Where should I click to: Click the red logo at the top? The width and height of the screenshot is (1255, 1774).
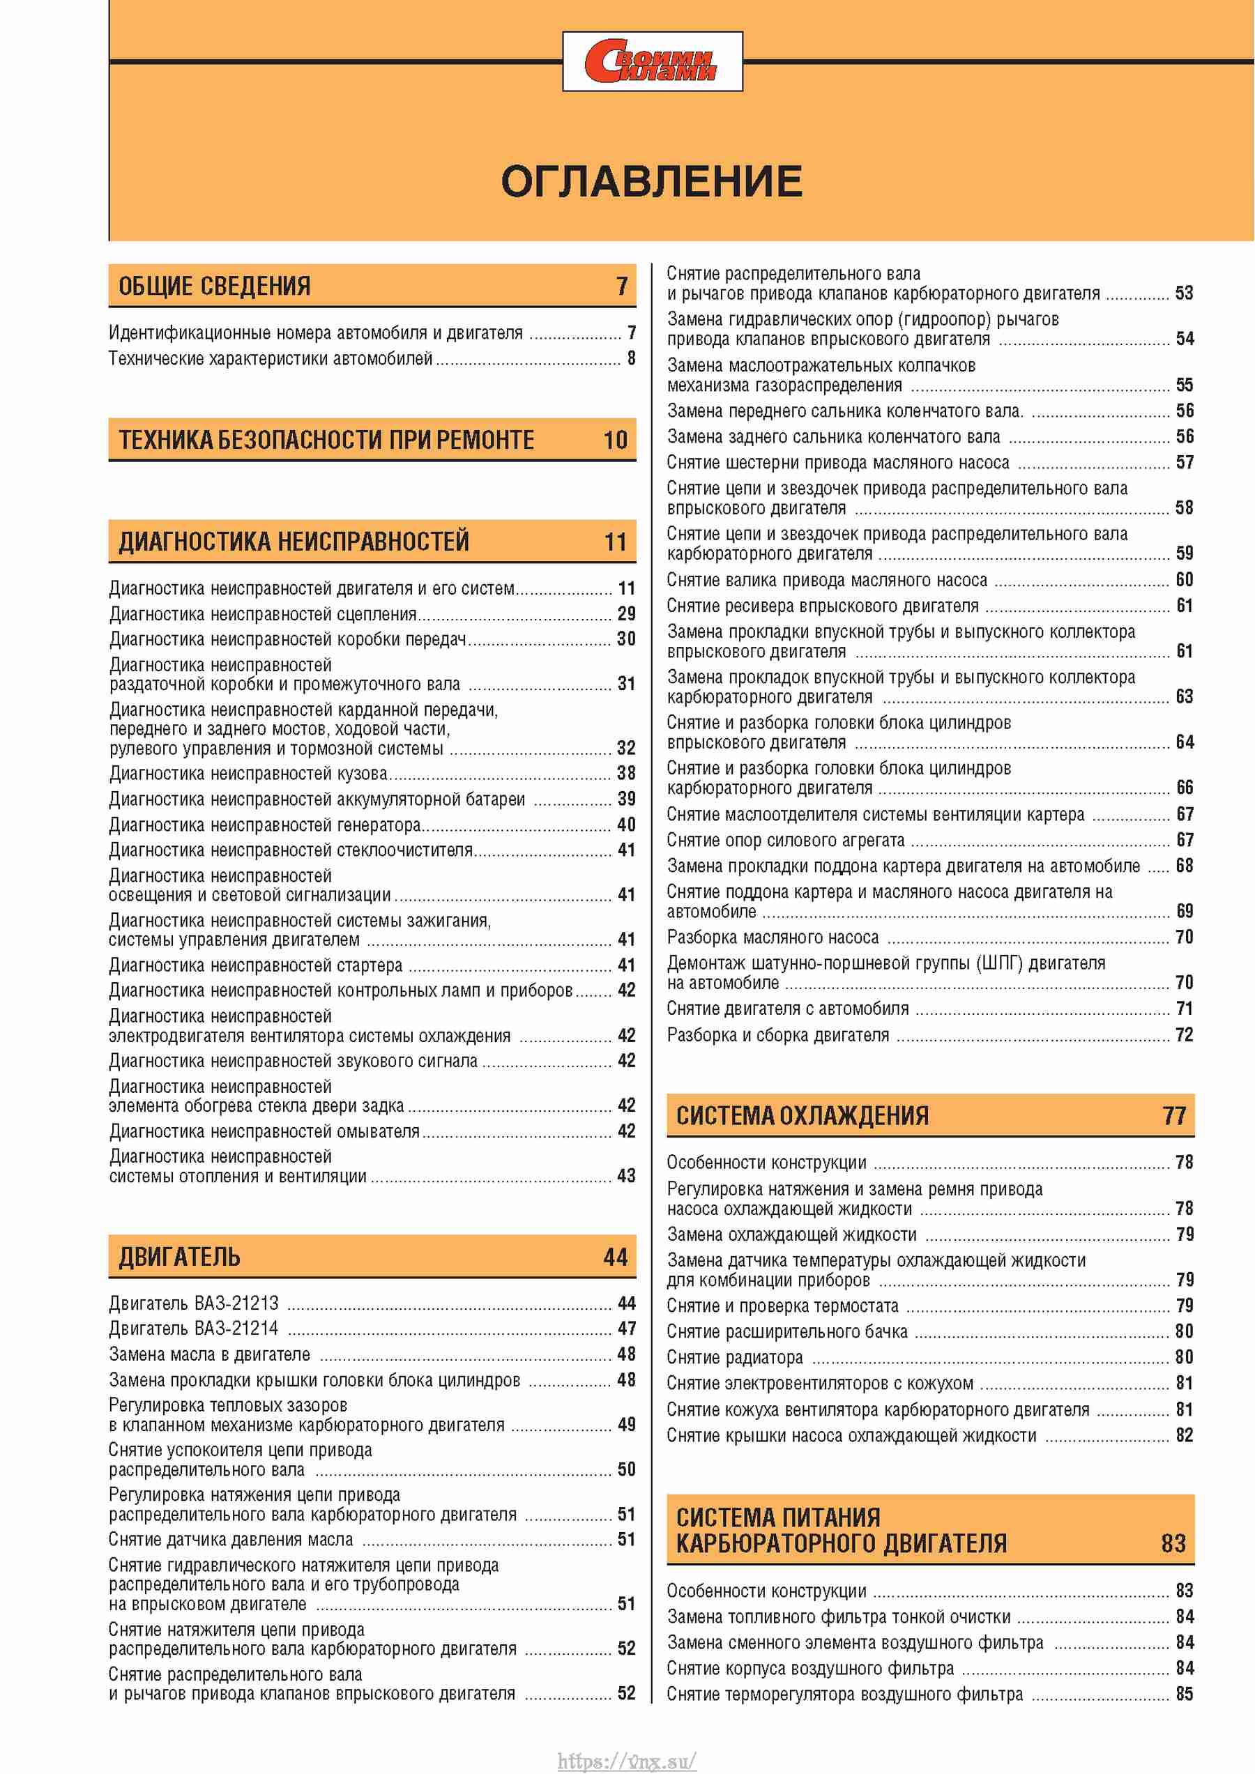[651, 62]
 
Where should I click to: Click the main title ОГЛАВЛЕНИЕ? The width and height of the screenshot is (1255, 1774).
[651, 181]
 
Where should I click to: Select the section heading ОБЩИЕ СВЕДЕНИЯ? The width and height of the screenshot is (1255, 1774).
[214, 286]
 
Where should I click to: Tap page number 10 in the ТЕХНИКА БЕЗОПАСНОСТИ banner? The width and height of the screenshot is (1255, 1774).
[615, 441]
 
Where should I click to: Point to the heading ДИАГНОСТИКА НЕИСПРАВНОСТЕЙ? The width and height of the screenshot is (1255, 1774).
[294, 542]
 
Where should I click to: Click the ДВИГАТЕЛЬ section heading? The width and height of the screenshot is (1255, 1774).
[179, 1257]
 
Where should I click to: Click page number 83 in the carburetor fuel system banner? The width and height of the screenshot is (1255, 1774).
[1173, 1543]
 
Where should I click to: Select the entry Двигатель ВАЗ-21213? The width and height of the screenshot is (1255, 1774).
[194, 1303]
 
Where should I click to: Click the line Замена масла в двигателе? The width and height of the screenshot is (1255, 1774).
[209, 1354]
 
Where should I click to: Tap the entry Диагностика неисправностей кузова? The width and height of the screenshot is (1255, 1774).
[248, 774]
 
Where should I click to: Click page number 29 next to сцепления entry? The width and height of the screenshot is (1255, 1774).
[626, 613]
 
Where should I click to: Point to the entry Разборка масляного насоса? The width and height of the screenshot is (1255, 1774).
[773, 938]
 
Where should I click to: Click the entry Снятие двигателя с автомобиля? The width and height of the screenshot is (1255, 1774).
[787, 1009]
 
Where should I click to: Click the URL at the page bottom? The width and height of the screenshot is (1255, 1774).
[627, 1761]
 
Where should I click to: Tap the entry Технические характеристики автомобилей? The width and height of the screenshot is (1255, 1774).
[271, 358]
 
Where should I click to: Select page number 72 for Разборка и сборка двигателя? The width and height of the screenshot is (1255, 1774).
[1184, 1034]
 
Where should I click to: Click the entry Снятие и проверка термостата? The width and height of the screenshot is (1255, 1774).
[782, 1306]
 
